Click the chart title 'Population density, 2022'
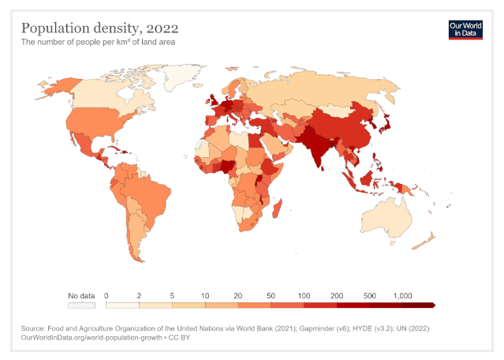pos(94,28)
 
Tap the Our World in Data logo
pos(465,29)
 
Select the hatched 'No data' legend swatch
pos(81,304)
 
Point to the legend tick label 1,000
pos(402,294)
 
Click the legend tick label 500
pos(370,294)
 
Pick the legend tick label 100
pos(304,294)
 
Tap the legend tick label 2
pos(140,294)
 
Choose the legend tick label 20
pos(238,294)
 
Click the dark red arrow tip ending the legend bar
pos(433,304)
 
